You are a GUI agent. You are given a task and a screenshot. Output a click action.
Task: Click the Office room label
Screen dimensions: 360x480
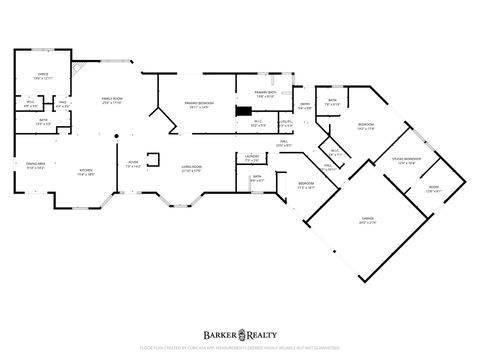pos(43,74)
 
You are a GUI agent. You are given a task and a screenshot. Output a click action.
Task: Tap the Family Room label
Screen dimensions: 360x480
pos(111,100)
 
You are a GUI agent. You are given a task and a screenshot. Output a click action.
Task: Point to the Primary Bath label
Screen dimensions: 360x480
pos(265,93)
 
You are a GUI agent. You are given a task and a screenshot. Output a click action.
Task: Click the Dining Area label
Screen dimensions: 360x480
pos(34,168)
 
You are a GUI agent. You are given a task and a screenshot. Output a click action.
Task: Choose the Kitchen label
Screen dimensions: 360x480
pos(87,171)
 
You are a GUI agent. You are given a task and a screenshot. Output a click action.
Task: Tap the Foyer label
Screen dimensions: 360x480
pos(132,166)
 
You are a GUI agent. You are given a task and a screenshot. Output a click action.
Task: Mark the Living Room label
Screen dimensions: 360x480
pos(191,167)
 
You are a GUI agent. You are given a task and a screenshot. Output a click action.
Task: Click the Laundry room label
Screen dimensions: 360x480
pos(252,156)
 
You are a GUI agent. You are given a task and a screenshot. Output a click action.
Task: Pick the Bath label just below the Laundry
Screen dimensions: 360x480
pos(257,178)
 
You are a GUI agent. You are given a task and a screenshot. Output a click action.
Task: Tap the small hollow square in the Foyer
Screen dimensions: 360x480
pos(152,157)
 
